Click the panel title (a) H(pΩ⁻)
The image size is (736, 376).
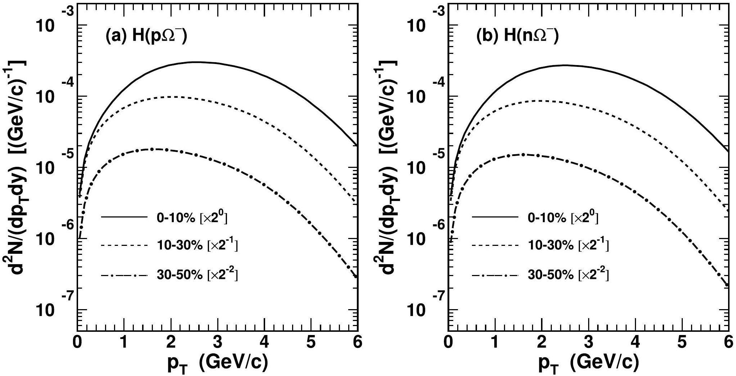tap(146, 36)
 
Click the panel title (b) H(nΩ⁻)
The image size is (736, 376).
tap(517, 36)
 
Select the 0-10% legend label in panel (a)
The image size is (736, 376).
tap(192, 218)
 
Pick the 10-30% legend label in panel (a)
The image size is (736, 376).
tap(197, 246)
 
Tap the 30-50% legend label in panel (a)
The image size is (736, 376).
tap(197, 275)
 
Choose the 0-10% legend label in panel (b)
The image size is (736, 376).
tap(563, 218)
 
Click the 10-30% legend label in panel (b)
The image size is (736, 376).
tap(568, 246)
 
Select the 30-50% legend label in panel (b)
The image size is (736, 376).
tap(568, 275)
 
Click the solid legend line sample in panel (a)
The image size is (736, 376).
tap(124, 217)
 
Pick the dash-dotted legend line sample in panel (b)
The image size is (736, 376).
tap(495, 276)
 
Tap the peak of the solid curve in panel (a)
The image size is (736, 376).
tap(194, 62)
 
